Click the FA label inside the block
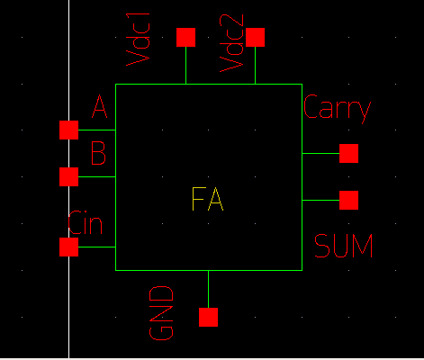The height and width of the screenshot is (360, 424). tap(207, 200)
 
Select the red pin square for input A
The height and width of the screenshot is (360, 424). tap(68, 130)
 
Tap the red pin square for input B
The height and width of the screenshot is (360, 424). tap(68, 176)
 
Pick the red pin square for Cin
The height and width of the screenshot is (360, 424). tap(68, 247)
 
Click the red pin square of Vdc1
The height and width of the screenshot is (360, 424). tap(185, 37)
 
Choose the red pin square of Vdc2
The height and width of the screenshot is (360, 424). tap(255, 37)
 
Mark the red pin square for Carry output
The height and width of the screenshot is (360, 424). tap(348, 153)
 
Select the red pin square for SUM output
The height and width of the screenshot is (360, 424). tap(348, 199)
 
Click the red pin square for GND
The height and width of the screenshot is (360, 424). tap(208, 317)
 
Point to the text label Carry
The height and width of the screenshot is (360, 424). tap(337, 109)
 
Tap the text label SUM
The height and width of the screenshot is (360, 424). tap(343, 246)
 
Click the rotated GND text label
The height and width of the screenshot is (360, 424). tap(161, 312)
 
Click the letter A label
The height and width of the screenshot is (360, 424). tap(100, 109)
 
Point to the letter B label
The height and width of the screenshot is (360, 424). tap(99, 154)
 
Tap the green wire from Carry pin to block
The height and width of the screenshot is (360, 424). tap(320, 153)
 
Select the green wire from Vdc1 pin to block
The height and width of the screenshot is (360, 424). tap(185, 65)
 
